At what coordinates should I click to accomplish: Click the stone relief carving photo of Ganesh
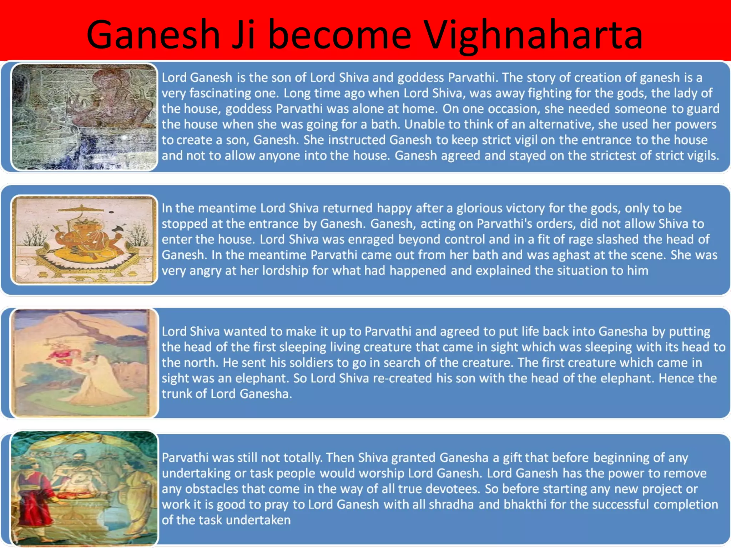[x=84, y=117]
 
